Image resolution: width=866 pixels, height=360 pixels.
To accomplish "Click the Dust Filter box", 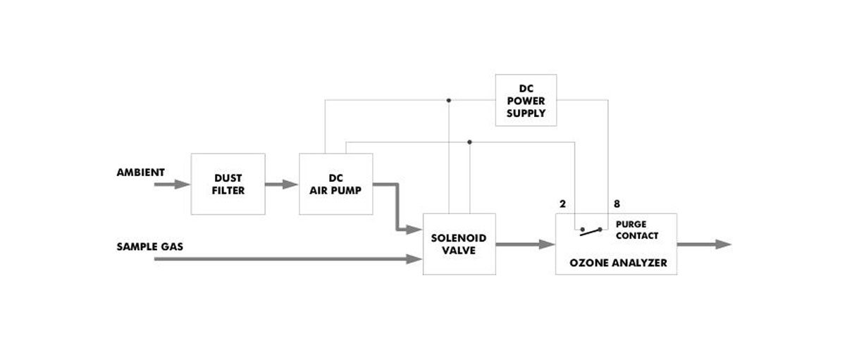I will click(x=228, y=184).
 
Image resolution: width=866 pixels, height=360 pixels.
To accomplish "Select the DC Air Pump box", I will click(x=336, y=184).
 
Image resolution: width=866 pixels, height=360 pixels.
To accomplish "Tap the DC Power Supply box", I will click(x=526, y=100).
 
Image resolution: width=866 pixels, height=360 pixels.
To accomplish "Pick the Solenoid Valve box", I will click(x=459, y=244).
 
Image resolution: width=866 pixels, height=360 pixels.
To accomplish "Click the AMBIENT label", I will click(x=141, y=173).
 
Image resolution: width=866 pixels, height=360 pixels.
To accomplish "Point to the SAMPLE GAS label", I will click(x=150, y=247).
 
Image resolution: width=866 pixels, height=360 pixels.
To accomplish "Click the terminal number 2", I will click(x=562, y=204).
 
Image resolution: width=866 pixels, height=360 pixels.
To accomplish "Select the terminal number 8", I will click(x=617, y=204).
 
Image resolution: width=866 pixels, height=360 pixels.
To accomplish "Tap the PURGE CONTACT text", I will click(x=636, y=230).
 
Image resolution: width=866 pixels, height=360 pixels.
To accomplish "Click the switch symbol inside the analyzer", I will click(x=591, y=229).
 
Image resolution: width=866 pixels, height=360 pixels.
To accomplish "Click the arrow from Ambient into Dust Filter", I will click(x=172, y=185).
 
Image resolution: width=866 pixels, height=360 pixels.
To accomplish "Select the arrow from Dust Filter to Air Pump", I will click(x=282, y=185).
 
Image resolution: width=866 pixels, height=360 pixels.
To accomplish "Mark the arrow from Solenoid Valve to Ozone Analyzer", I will click(x=526, y=244).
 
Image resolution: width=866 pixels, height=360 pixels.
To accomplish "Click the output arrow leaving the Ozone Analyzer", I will click(x=705, y=244).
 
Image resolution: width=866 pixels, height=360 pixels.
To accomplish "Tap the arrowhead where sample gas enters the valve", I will click(x=414, y=259).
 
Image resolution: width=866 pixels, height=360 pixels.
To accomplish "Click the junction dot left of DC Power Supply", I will click(x=449, y=100).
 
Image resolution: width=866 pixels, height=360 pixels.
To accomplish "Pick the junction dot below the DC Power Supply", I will click(x=470, y=142).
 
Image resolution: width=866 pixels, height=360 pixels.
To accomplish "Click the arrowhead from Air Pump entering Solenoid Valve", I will click(x=414, y=230).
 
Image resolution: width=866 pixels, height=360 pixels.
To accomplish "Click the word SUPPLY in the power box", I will click(x=526, y=113).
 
